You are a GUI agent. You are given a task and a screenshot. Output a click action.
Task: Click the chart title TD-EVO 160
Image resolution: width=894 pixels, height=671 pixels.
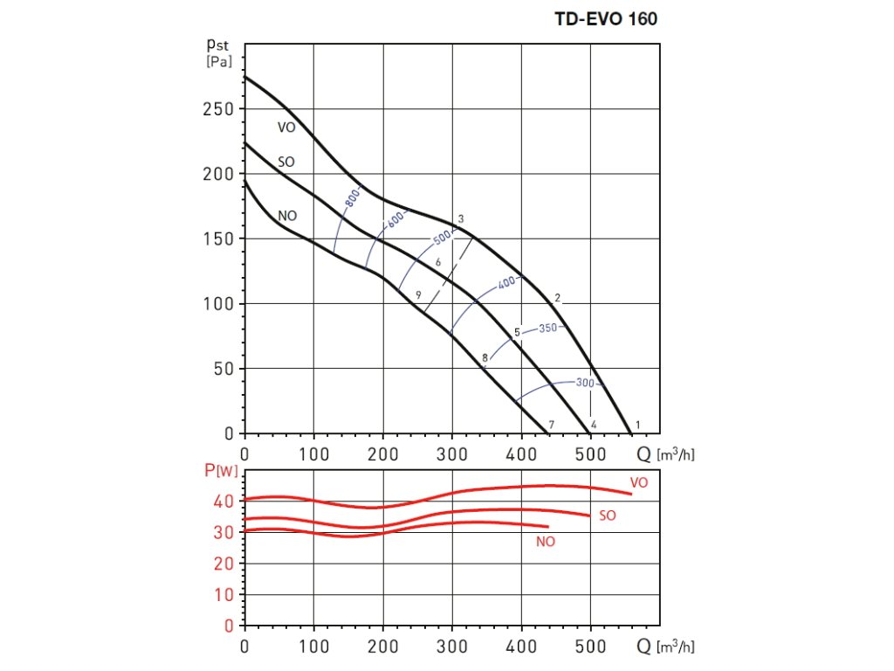[x=606, y=17]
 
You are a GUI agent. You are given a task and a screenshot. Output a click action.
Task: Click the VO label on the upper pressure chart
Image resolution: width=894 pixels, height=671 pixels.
[x=286, y=128]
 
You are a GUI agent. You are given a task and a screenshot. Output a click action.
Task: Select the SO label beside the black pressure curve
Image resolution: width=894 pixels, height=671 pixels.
[x=285, y=162]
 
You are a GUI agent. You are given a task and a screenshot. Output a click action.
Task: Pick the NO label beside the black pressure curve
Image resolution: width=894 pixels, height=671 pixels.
[x=286, y=215]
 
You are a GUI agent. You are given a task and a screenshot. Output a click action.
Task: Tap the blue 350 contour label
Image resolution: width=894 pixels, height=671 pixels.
[x=547, y=329]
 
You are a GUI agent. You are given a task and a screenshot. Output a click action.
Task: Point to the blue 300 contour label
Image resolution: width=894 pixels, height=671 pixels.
[x=585, y=383]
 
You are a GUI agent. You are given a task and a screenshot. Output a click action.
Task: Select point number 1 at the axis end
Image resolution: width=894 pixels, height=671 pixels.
[x=638, y=425]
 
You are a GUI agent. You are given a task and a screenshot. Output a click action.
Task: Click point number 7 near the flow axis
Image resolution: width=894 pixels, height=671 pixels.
[x=551, y=425]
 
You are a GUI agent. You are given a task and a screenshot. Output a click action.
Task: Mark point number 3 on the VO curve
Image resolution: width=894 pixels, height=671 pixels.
[x=459, y=218]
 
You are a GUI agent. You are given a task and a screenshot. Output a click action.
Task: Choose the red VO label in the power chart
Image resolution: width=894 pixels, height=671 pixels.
[x=639, y=481]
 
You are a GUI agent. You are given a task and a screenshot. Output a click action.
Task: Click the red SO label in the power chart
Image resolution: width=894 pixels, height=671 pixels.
[x=608, y=515]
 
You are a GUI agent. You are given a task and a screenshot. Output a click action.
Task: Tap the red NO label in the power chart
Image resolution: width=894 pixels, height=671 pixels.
[x=546, y=542]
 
